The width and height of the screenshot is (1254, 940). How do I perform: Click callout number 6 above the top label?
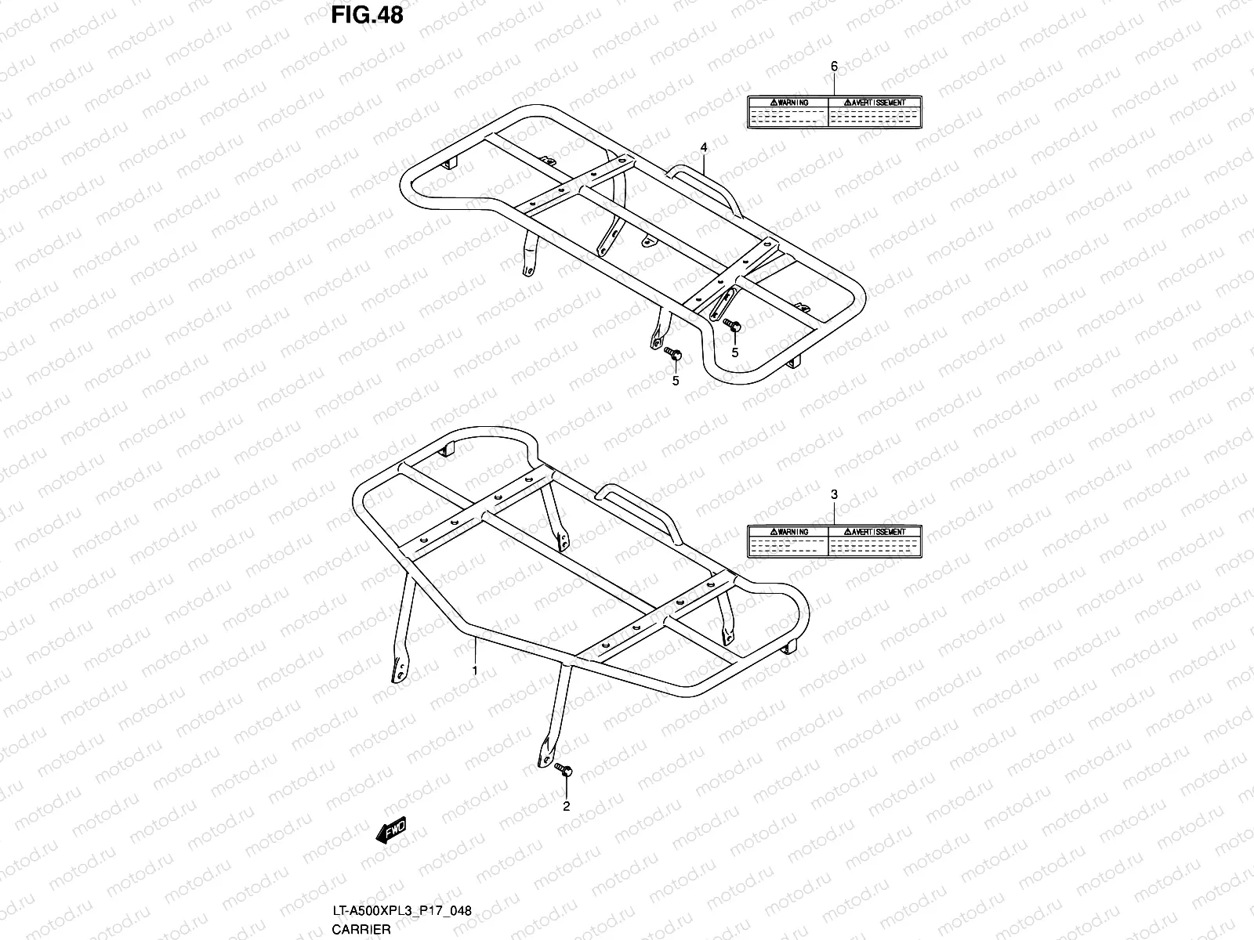834,67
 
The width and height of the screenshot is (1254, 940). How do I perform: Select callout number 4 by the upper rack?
704,147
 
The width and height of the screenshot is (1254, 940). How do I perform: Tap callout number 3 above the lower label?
834,494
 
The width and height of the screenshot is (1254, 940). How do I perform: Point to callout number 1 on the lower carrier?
474,670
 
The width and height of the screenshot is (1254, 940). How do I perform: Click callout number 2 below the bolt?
567,805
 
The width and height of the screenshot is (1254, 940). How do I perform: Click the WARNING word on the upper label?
788,103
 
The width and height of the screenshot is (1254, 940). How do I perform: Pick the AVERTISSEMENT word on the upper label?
875,103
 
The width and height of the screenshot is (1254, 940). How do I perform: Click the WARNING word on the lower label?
788,532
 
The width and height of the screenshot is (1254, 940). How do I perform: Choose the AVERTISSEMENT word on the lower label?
875,532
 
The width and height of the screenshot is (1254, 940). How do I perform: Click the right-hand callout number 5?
734,352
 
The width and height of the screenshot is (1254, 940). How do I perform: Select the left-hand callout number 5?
675,381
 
